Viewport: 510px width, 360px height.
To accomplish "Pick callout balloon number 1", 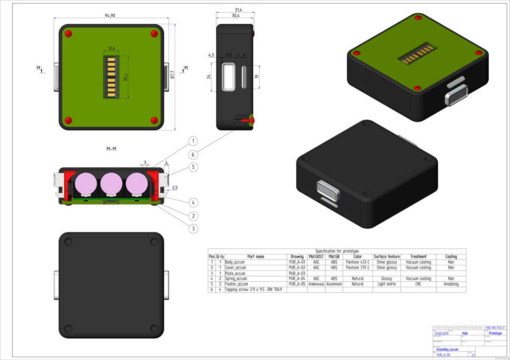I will coord(193,141).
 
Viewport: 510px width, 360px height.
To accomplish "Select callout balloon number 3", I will coord(193,228).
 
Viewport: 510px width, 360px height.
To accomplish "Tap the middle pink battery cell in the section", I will coord(111,182).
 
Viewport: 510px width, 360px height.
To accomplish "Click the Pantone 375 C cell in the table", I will coord(357,268).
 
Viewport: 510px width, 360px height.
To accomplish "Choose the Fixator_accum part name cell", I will coord(236,284).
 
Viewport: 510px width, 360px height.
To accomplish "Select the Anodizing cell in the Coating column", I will coord(451,284).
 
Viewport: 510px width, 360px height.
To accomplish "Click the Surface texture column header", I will coord(386,257).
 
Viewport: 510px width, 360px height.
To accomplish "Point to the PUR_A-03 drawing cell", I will coord(297,273).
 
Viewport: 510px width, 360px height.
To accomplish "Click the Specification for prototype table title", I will coord(337,251).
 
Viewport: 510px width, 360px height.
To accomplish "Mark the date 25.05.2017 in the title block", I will coord(442,334).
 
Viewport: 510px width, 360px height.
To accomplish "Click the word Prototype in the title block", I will coord(492,334).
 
